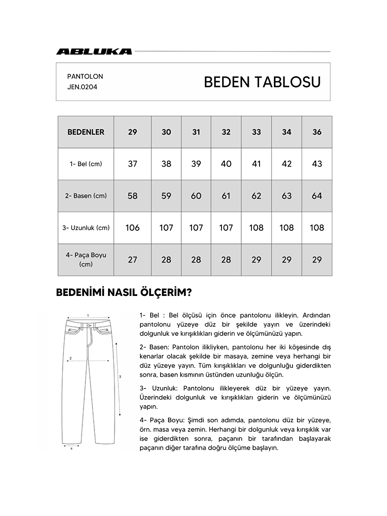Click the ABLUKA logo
(94, 52)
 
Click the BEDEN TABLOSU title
(262, 82)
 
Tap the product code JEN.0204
(82, 87)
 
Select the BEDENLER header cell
(86, 132)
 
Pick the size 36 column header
(317, 132)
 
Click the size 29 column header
(132, 132)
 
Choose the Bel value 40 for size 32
(226, 164)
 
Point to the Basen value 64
(317, 196)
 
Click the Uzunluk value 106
(132, 228)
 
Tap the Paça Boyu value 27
(132, 260)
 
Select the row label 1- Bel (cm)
(86, 164)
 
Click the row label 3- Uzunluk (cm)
(86, 228)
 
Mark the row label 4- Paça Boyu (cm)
(86, 260)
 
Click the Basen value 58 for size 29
(132, 196)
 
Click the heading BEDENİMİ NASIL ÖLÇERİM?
(124, 293)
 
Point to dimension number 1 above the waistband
(88, 315)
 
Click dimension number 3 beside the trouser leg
(120, 376)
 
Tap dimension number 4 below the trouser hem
(71, 448)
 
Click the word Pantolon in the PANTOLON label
(85, 76)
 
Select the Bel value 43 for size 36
(317, 164)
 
